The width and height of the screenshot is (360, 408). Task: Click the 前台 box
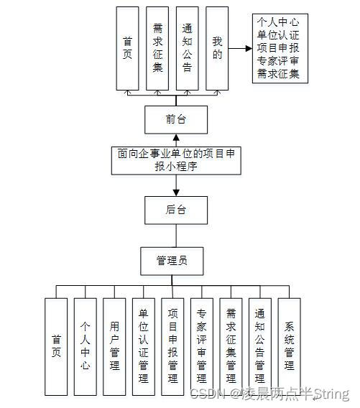point(175,119)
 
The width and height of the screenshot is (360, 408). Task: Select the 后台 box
point(175,210)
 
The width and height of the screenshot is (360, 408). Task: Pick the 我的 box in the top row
point(217,48)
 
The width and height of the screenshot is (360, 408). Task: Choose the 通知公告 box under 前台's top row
point(187,48)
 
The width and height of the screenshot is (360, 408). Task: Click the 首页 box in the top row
point(127,48)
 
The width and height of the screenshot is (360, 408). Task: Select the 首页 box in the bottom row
point(56,343)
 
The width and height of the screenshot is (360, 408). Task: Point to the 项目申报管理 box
point(172,343)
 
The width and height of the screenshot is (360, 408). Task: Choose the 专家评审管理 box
point(202,343)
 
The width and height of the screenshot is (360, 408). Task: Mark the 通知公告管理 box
point(260,343)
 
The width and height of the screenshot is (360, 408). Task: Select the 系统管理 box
point(289,343)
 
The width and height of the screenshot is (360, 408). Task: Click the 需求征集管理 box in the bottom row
point(231,343)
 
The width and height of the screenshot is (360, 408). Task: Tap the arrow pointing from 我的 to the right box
point(240,49)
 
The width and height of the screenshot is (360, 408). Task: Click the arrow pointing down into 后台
point(175,188)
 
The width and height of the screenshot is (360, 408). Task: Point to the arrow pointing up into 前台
point(175,139)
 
